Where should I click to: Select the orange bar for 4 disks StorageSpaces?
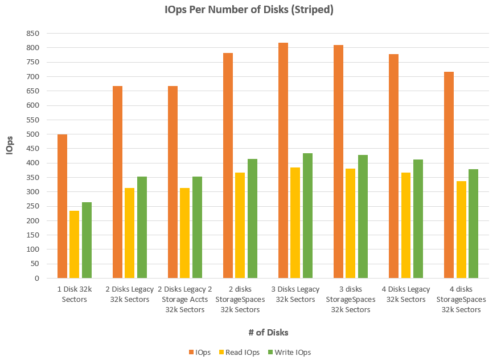click(449, 175)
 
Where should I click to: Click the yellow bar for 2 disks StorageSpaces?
click(240, 226)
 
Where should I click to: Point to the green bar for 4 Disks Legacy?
click(418, 219)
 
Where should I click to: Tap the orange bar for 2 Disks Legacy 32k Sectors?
click(118, 182)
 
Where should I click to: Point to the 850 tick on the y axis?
click(31, 34)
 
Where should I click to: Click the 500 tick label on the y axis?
click(31, 134)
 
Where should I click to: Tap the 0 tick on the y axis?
click(36, 279)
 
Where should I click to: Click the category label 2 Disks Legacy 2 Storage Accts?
click(184, 300)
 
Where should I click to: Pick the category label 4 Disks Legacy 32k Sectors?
click(406, 294)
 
